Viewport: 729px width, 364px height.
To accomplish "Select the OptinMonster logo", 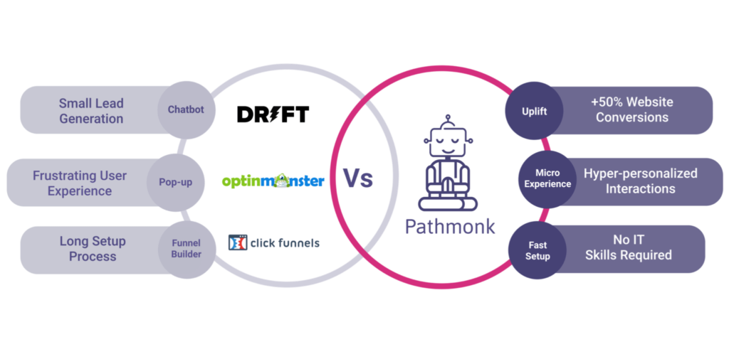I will point(273,181).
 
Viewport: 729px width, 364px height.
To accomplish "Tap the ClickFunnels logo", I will point(274,243).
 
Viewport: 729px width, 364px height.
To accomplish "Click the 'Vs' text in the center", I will point(357,179).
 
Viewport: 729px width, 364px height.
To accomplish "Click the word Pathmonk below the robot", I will point(449,227).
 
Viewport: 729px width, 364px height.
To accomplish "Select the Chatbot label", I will point(187,109).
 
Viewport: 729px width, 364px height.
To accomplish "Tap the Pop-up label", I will point(175,182).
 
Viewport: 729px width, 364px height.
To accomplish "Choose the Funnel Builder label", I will point(186,248).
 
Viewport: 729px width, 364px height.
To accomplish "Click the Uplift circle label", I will point(535,112).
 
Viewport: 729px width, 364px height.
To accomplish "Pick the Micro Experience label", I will point(547,178).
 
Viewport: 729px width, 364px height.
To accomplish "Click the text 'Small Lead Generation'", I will point(91,111).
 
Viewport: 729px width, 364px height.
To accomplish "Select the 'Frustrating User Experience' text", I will point(80,183).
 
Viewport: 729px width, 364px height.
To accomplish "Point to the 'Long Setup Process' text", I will point(93,249).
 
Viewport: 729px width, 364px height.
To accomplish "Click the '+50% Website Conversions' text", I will point(631,109).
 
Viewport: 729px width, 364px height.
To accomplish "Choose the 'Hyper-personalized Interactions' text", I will point(640,181).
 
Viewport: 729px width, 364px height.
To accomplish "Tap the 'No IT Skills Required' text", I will point(628,247).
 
